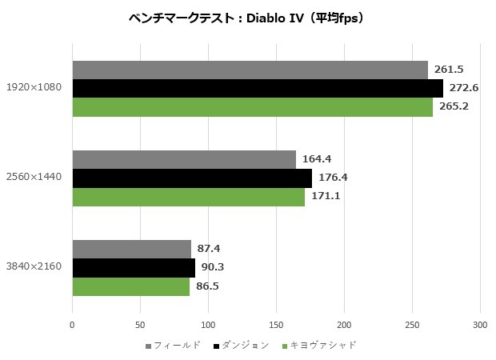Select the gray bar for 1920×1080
(250, 70)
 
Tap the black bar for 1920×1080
(258, 88)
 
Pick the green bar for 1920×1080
(252, 107)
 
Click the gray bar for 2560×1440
(184, 159)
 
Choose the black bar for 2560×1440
(192, 178)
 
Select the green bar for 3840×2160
(130, 286)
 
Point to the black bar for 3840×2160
(134, 267)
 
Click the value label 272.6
(465, 88)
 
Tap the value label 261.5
(450, 70)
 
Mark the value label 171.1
(326, 196)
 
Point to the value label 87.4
(210, 249)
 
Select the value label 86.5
(208, 286)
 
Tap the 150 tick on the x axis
(276, 326)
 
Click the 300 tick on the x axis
(480, 326)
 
